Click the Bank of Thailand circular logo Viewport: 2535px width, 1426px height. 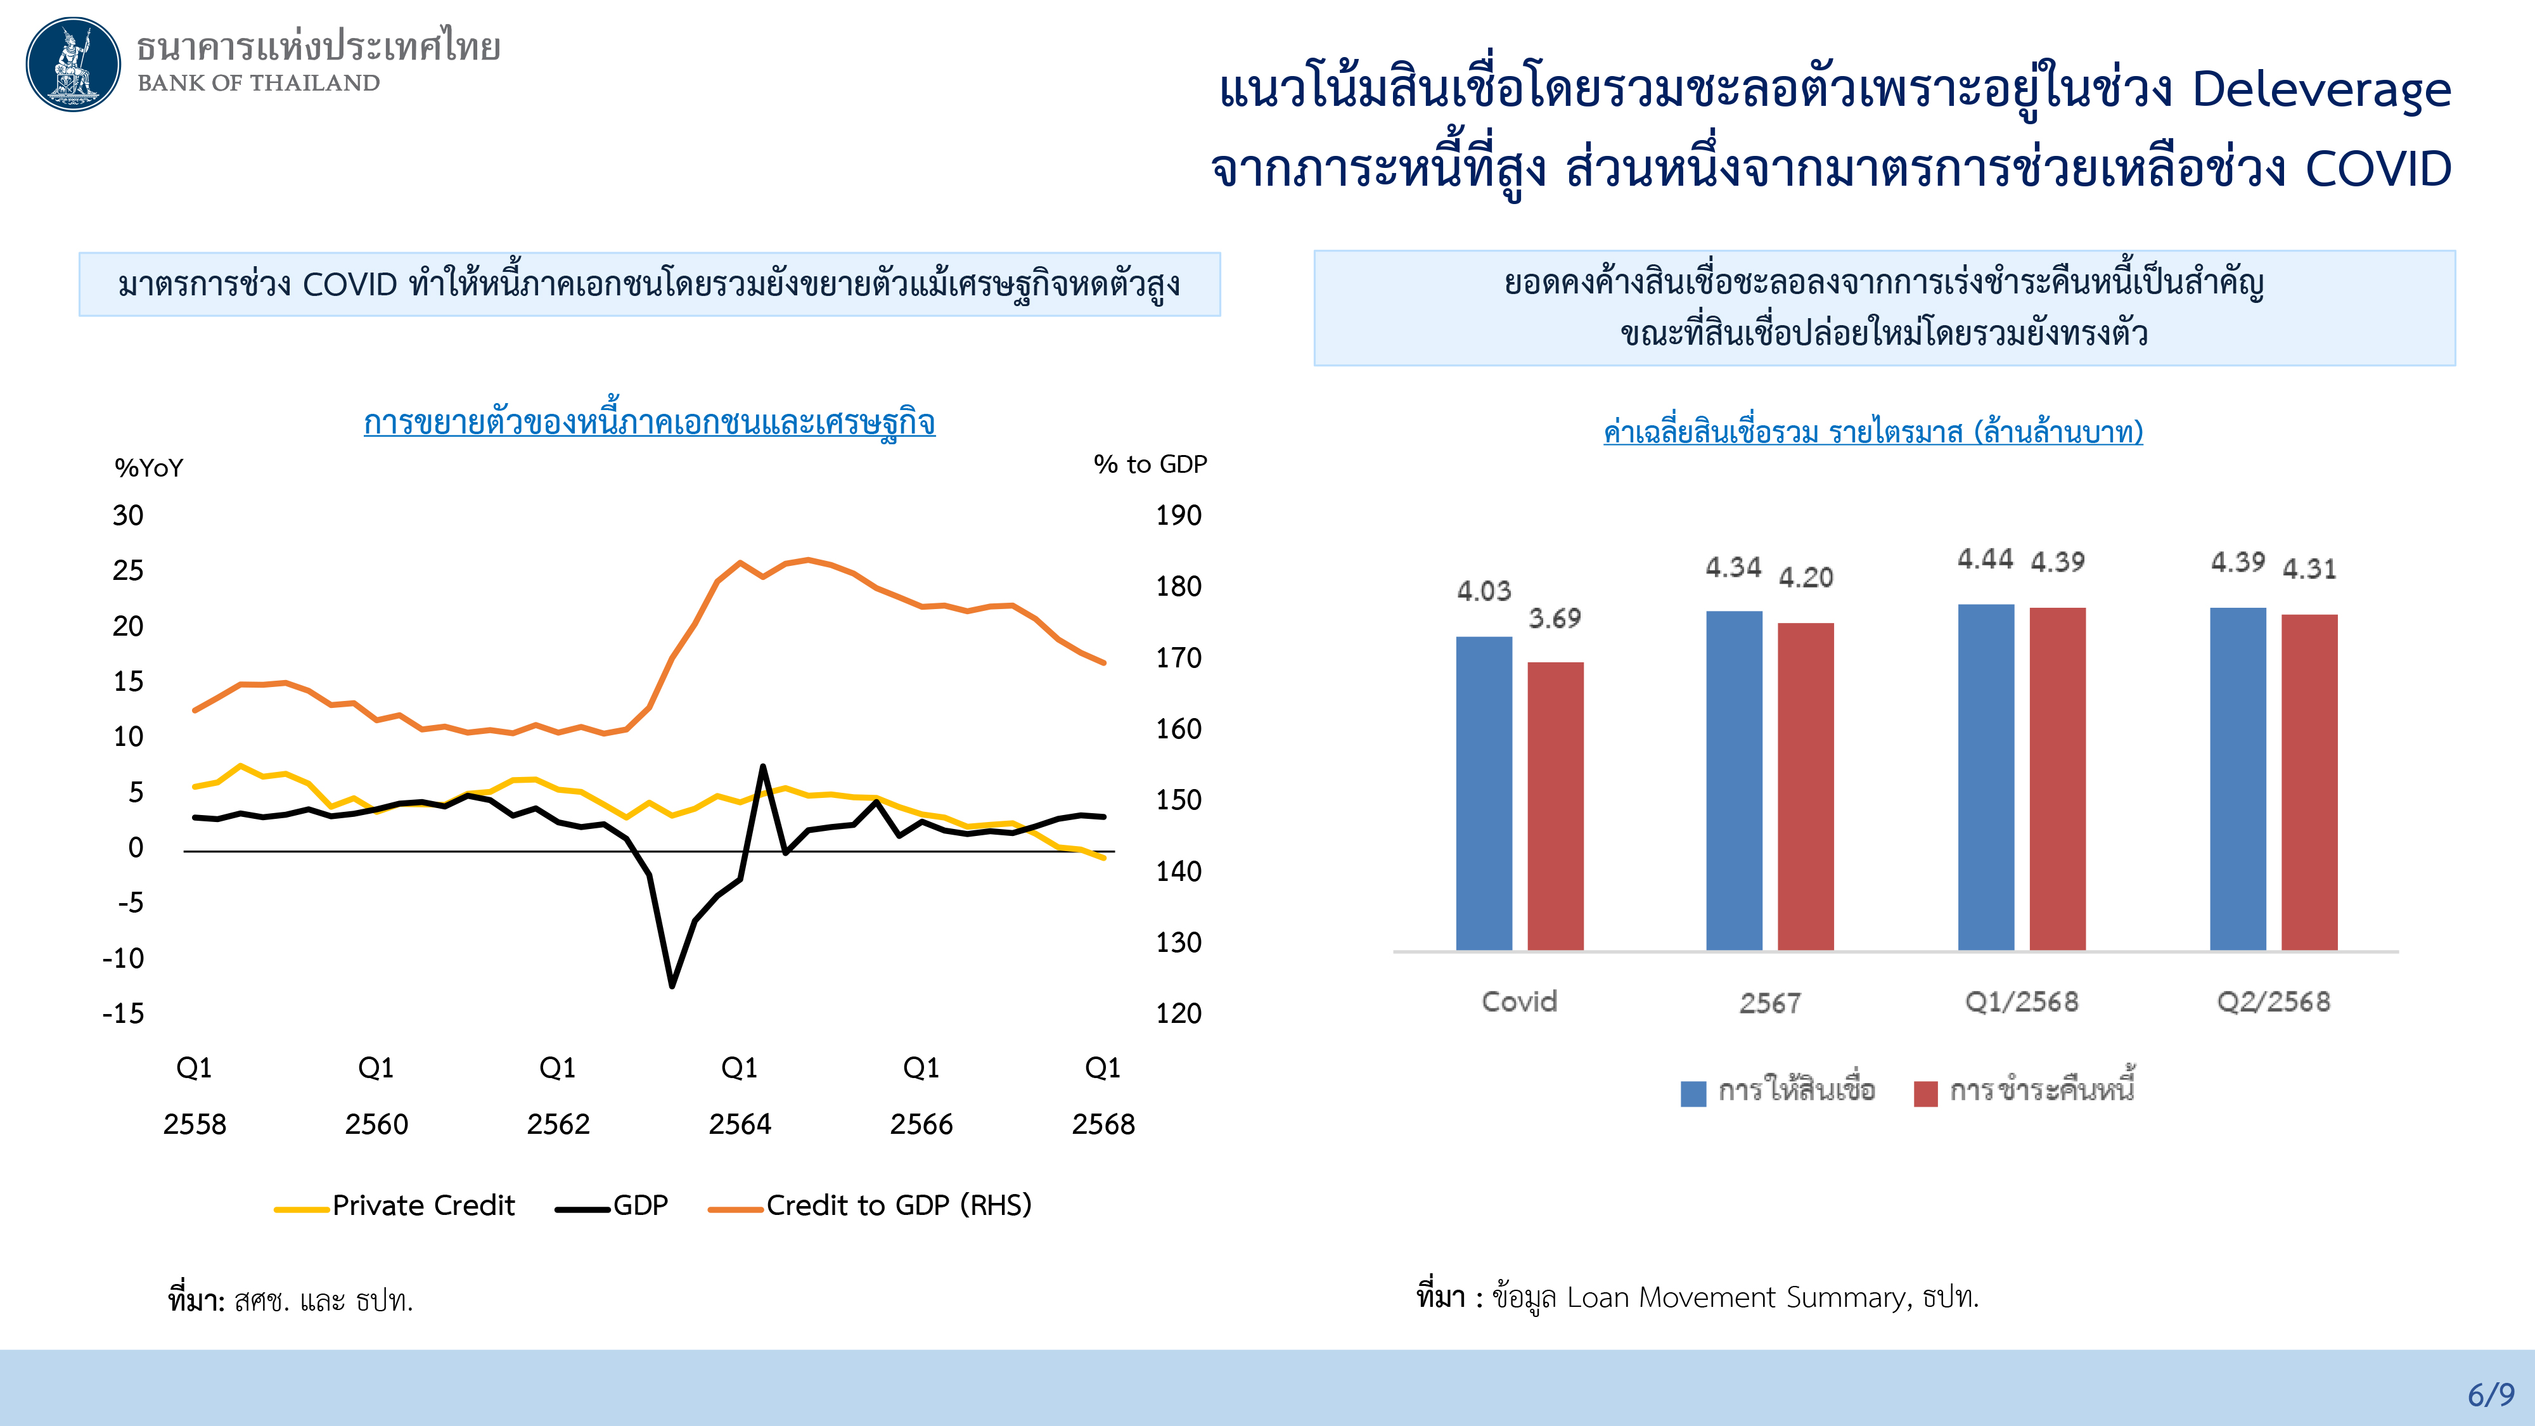(73, 64)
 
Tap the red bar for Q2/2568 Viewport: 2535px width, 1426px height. (2309, 781)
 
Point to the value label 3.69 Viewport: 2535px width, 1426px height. (1554, 619)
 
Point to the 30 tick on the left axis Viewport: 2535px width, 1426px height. (128, 516)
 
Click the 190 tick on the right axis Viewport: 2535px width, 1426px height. (1178, 516)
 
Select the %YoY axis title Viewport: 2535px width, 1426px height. (148, 468)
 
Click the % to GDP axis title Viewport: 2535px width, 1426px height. (1150, 465)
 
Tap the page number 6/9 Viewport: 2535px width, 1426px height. (2490, 1394)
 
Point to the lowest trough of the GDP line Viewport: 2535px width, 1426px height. (672, 984)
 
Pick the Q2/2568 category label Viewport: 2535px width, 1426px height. (2273, 1002)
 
